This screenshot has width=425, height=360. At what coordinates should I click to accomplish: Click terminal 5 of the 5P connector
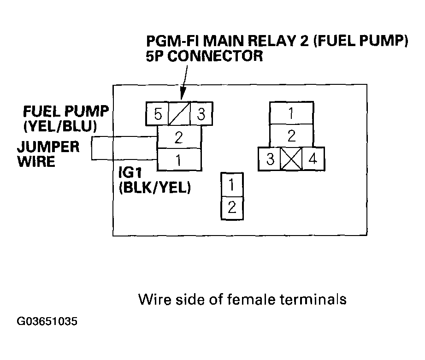click(158, 114)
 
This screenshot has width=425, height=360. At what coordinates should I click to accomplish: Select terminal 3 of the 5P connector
click(201, 114)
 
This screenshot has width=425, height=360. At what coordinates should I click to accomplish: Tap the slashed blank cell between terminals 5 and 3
click(179, 114)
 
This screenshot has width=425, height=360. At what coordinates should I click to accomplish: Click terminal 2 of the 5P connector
click(179, 137)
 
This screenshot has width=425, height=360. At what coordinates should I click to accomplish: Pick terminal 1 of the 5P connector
click(179, 159)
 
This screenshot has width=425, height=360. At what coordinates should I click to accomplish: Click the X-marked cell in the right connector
click(291, 159)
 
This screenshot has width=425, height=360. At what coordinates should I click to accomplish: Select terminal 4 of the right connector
click(313, 159)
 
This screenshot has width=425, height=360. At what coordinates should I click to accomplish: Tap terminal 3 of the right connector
click(270, 159)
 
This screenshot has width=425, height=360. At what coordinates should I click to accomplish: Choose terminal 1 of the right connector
click(292, 113)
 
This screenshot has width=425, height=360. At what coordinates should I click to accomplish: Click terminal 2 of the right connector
click(292, 136)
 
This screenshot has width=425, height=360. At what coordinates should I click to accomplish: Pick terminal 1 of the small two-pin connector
click(232, 184)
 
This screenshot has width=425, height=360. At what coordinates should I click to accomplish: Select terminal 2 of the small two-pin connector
click(232, 208)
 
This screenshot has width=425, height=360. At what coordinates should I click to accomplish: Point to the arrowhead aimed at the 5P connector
click(182, 94)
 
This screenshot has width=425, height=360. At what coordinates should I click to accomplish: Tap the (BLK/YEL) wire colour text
click(155, 187)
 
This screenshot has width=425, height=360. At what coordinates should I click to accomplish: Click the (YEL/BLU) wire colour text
click(60, 126)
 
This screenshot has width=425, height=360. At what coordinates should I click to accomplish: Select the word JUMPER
click(48, 147)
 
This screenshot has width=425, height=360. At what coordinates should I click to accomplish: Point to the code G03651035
click(47, 321)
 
